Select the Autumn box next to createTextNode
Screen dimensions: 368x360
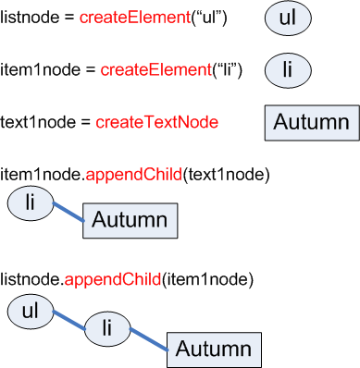[311, 123]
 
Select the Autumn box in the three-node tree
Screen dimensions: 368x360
[214, 349]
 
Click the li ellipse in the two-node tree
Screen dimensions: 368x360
[30, 202]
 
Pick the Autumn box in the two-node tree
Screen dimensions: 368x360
[130, 220]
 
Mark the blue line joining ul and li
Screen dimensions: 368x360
[68, 320]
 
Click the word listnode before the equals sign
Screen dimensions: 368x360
[27, 18]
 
